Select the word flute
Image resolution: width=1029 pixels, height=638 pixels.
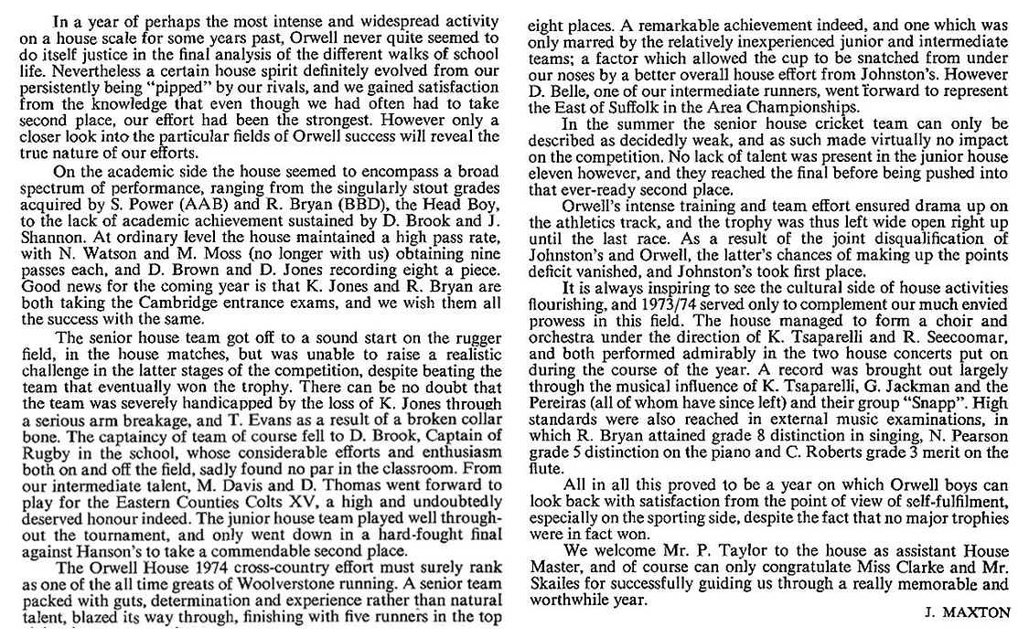click(545, 467)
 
